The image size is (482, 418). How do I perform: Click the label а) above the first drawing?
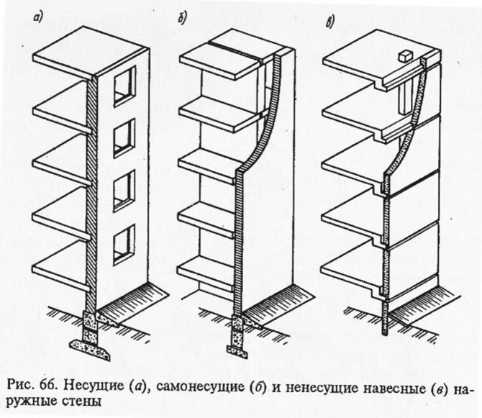(37, 19)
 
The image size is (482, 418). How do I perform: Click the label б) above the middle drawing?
(182, 19)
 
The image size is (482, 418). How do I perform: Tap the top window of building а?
(124, 86)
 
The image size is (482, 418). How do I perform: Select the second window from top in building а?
(124, 137)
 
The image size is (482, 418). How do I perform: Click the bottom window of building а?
(124, 244)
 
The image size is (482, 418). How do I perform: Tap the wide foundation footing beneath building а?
(90, 350)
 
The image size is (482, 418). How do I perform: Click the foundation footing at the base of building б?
(237, 350)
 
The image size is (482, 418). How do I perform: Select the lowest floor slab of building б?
(206, 271)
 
